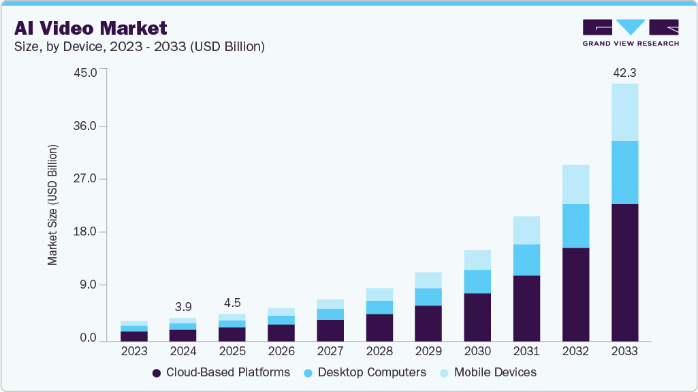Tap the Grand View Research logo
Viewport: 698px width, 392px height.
630,33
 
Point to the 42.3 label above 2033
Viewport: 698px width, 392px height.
624,73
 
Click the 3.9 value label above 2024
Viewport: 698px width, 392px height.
183,308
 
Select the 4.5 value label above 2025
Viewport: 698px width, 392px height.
232,303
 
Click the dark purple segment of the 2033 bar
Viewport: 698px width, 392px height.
624,272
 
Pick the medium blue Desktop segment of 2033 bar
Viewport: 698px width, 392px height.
624,172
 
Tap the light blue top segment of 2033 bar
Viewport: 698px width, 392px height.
624,112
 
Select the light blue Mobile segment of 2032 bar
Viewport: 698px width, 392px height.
575,184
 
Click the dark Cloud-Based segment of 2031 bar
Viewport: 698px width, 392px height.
526,308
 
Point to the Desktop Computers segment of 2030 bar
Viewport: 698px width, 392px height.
477,282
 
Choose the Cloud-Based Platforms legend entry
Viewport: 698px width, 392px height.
221,372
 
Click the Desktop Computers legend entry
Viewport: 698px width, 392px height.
365,372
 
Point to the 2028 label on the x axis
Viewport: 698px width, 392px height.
379,352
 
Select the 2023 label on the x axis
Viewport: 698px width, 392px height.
134,352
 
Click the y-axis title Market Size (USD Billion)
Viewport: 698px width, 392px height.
52,205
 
